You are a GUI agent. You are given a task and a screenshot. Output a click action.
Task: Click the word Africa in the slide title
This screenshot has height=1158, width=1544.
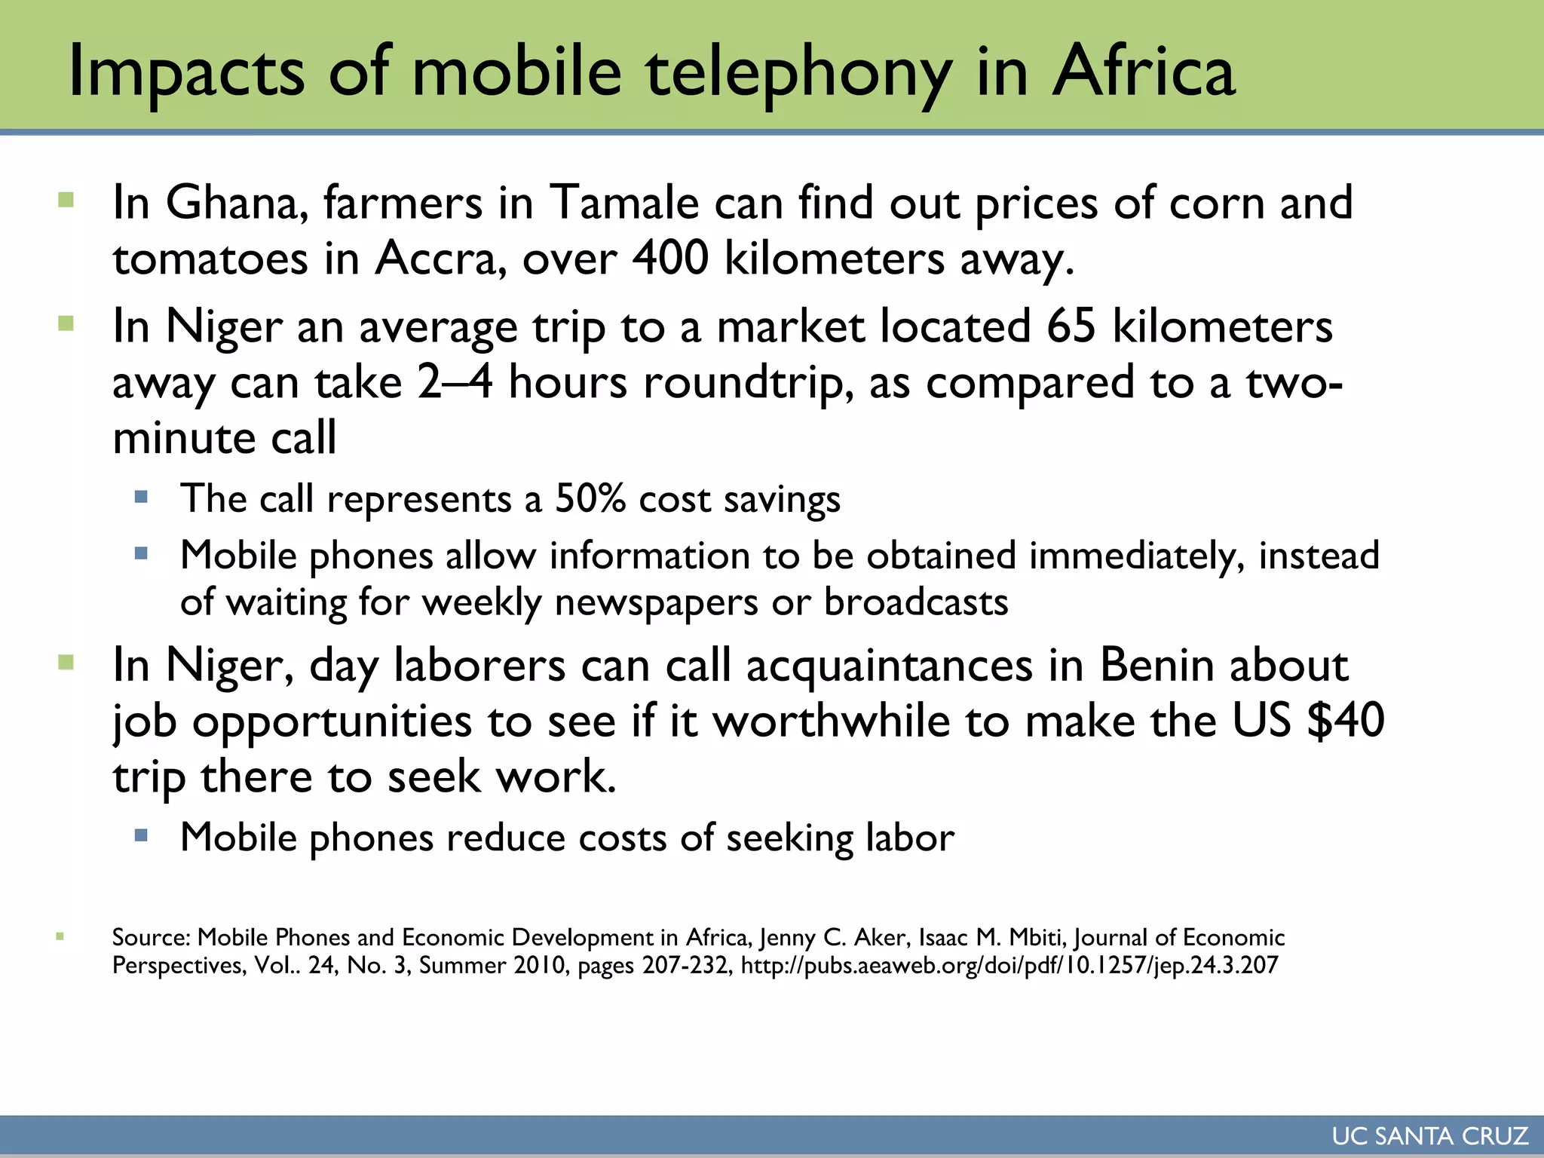coord(1143,72)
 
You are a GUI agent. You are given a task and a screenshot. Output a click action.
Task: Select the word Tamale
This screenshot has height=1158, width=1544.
coord(624,203)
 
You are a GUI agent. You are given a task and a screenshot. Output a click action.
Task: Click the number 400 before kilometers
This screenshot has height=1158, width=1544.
coord(670,259)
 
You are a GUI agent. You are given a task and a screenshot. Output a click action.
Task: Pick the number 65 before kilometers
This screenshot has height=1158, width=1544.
coord(1071,326)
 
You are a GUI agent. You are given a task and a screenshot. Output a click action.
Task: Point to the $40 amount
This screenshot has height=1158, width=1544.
coord(1346,721)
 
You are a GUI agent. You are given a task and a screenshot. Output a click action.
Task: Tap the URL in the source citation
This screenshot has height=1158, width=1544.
coord(1009,966)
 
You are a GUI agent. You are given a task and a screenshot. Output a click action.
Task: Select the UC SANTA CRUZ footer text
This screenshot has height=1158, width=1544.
coord(1429,1136)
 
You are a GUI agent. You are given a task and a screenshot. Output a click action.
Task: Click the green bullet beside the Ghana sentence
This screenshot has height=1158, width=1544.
coord(66,201)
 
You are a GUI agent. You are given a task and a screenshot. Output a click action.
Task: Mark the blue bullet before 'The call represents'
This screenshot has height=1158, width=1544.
coord(141,497)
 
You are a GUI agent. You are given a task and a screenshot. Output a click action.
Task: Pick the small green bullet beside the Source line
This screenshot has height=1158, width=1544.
coord(60,937)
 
